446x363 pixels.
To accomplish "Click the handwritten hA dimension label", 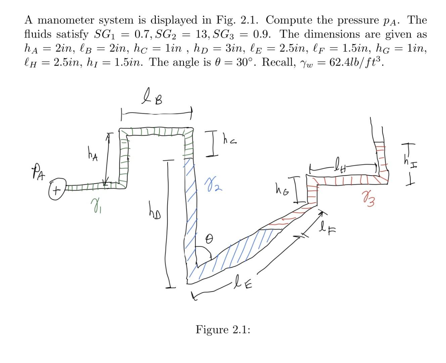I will pyautogui.click(x=92, y=156).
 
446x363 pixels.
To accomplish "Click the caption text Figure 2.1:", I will pyautogui.click(x=223, y=329).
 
